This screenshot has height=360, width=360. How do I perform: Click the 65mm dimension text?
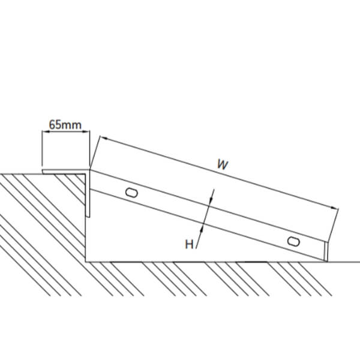[x=65, y=125]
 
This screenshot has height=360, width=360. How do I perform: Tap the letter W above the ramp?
[x=223, y=164]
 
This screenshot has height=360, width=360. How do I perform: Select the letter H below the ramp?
[x=189, y=244]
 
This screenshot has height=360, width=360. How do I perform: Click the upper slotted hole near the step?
[x=131, y=193]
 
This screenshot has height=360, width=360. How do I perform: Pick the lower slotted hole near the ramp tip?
[x=293, y=242]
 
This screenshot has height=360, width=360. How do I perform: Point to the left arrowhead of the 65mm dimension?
[x=45, y=131]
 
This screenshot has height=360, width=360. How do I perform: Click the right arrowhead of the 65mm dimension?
[x=86, y=131]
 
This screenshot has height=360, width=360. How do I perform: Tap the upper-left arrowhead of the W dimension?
[x=104, y=138]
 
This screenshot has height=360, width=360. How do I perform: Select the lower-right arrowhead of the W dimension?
[x=334, y=208]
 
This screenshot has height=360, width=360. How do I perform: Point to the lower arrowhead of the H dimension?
[x=203, y=229]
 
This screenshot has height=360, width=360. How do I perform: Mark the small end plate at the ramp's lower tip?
[x=326, y=251]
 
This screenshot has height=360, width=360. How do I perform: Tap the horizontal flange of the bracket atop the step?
[x=65, y=172]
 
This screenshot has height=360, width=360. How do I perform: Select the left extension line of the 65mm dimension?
[x=42, y=148]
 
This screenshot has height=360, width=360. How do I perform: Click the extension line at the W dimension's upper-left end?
[x=95, y=152]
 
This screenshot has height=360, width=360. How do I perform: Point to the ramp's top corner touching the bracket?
[x=90, y=170]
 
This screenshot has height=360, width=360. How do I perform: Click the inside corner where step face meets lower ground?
[x=86, y=262]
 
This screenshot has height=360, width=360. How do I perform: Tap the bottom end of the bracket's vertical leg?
[x=88, y=217]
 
